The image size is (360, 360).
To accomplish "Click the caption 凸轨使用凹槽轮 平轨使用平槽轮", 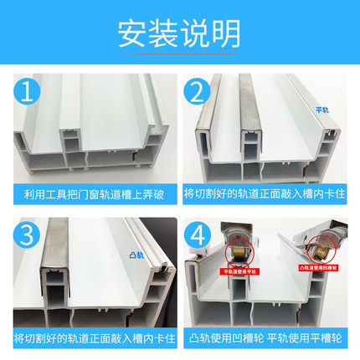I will [268, 338].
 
